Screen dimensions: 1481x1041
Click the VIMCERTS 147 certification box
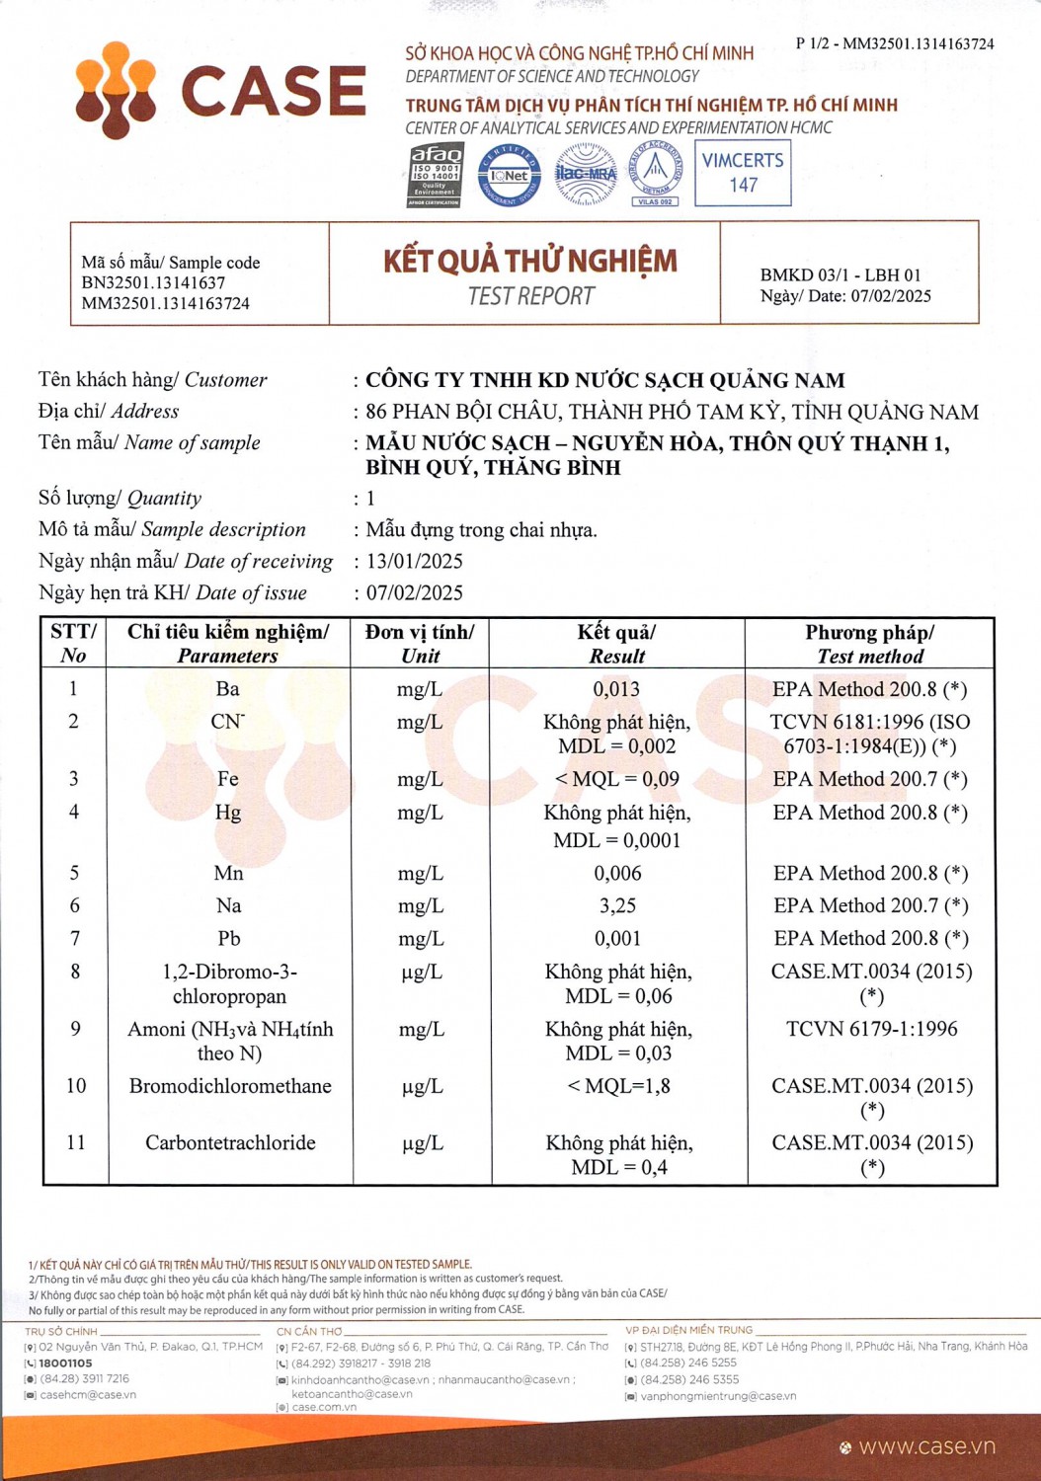[x=743, y=173]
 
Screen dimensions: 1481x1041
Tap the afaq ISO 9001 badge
[x=435, y=175]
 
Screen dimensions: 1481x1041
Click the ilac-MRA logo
[x=586, y=174]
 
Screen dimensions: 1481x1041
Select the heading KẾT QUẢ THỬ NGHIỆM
[x=530, y=262]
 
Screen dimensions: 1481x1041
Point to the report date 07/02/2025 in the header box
[x=891, y=296]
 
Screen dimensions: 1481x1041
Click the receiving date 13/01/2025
[x=415, y=561]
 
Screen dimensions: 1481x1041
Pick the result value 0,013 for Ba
[x=616, y=689]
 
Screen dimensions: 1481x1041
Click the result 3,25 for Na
[x=617, y=905]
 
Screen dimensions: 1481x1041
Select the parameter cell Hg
[x=228, y=813]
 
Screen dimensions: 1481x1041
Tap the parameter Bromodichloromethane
[x=230, y=1086]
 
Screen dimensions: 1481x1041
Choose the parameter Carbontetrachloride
[x=230, y=1142]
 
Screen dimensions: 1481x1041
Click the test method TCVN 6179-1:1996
[x=871, y=1029]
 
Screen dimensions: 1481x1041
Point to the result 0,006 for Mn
[x=617, y=873]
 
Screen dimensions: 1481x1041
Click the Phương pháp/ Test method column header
[x=870, y=644]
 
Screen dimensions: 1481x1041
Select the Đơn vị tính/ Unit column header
[x=420, y=644]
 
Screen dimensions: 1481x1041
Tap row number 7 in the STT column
[x=75, y=938]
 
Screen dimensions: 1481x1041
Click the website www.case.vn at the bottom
[x=926, y=1446]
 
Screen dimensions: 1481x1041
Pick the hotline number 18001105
[x=65, y=1363]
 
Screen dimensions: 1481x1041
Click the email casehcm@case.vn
[x=88, y=1395]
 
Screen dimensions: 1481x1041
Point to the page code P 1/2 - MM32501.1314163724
[x=895, y=43]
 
